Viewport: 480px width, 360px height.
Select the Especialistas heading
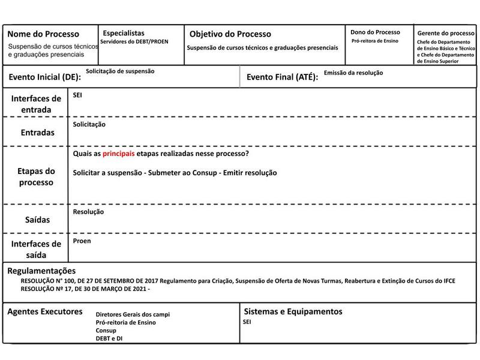(x=124, y=33)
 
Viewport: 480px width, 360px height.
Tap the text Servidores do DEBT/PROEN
(x=134, y=41)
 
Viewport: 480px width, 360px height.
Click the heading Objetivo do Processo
(x=230, y=34)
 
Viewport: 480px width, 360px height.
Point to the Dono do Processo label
(x=375, y=32)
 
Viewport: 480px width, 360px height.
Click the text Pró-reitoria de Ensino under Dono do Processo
(x=374, y=41)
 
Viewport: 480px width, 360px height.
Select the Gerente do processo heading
(x=446, y=33)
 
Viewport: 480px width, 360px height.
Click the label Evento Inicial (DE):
(x=44, y=77)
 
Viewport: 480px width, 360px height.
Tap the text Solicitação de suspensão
(x=120, y=71)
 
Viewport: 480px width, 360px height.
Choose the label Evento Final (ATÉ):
(x=283, y=77)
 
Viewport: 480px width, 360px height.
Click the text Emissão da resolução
(x=353, y=73)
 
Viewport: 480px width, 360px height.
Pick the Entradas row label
(x=37, y=132)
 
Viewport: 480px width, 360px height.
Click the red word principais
(x=118, y=154)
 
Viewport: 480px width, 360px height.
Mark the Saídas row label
(x=37, y=220)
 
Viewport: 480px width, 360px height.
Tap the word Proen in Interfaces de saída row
(x=81, y=241)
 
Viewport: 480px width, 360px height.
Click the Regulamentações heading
(x=42, y=271)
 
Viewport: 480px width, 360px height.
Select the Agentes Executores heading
(x=44, y=311)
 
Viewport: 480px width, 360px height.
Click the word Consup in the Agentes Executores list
(x=106, y=331)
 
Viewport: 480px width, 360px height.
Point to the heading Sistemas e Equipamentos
(x=293, y=311)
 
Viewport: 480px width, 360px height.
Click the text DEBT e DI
(x=110, y=338)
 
